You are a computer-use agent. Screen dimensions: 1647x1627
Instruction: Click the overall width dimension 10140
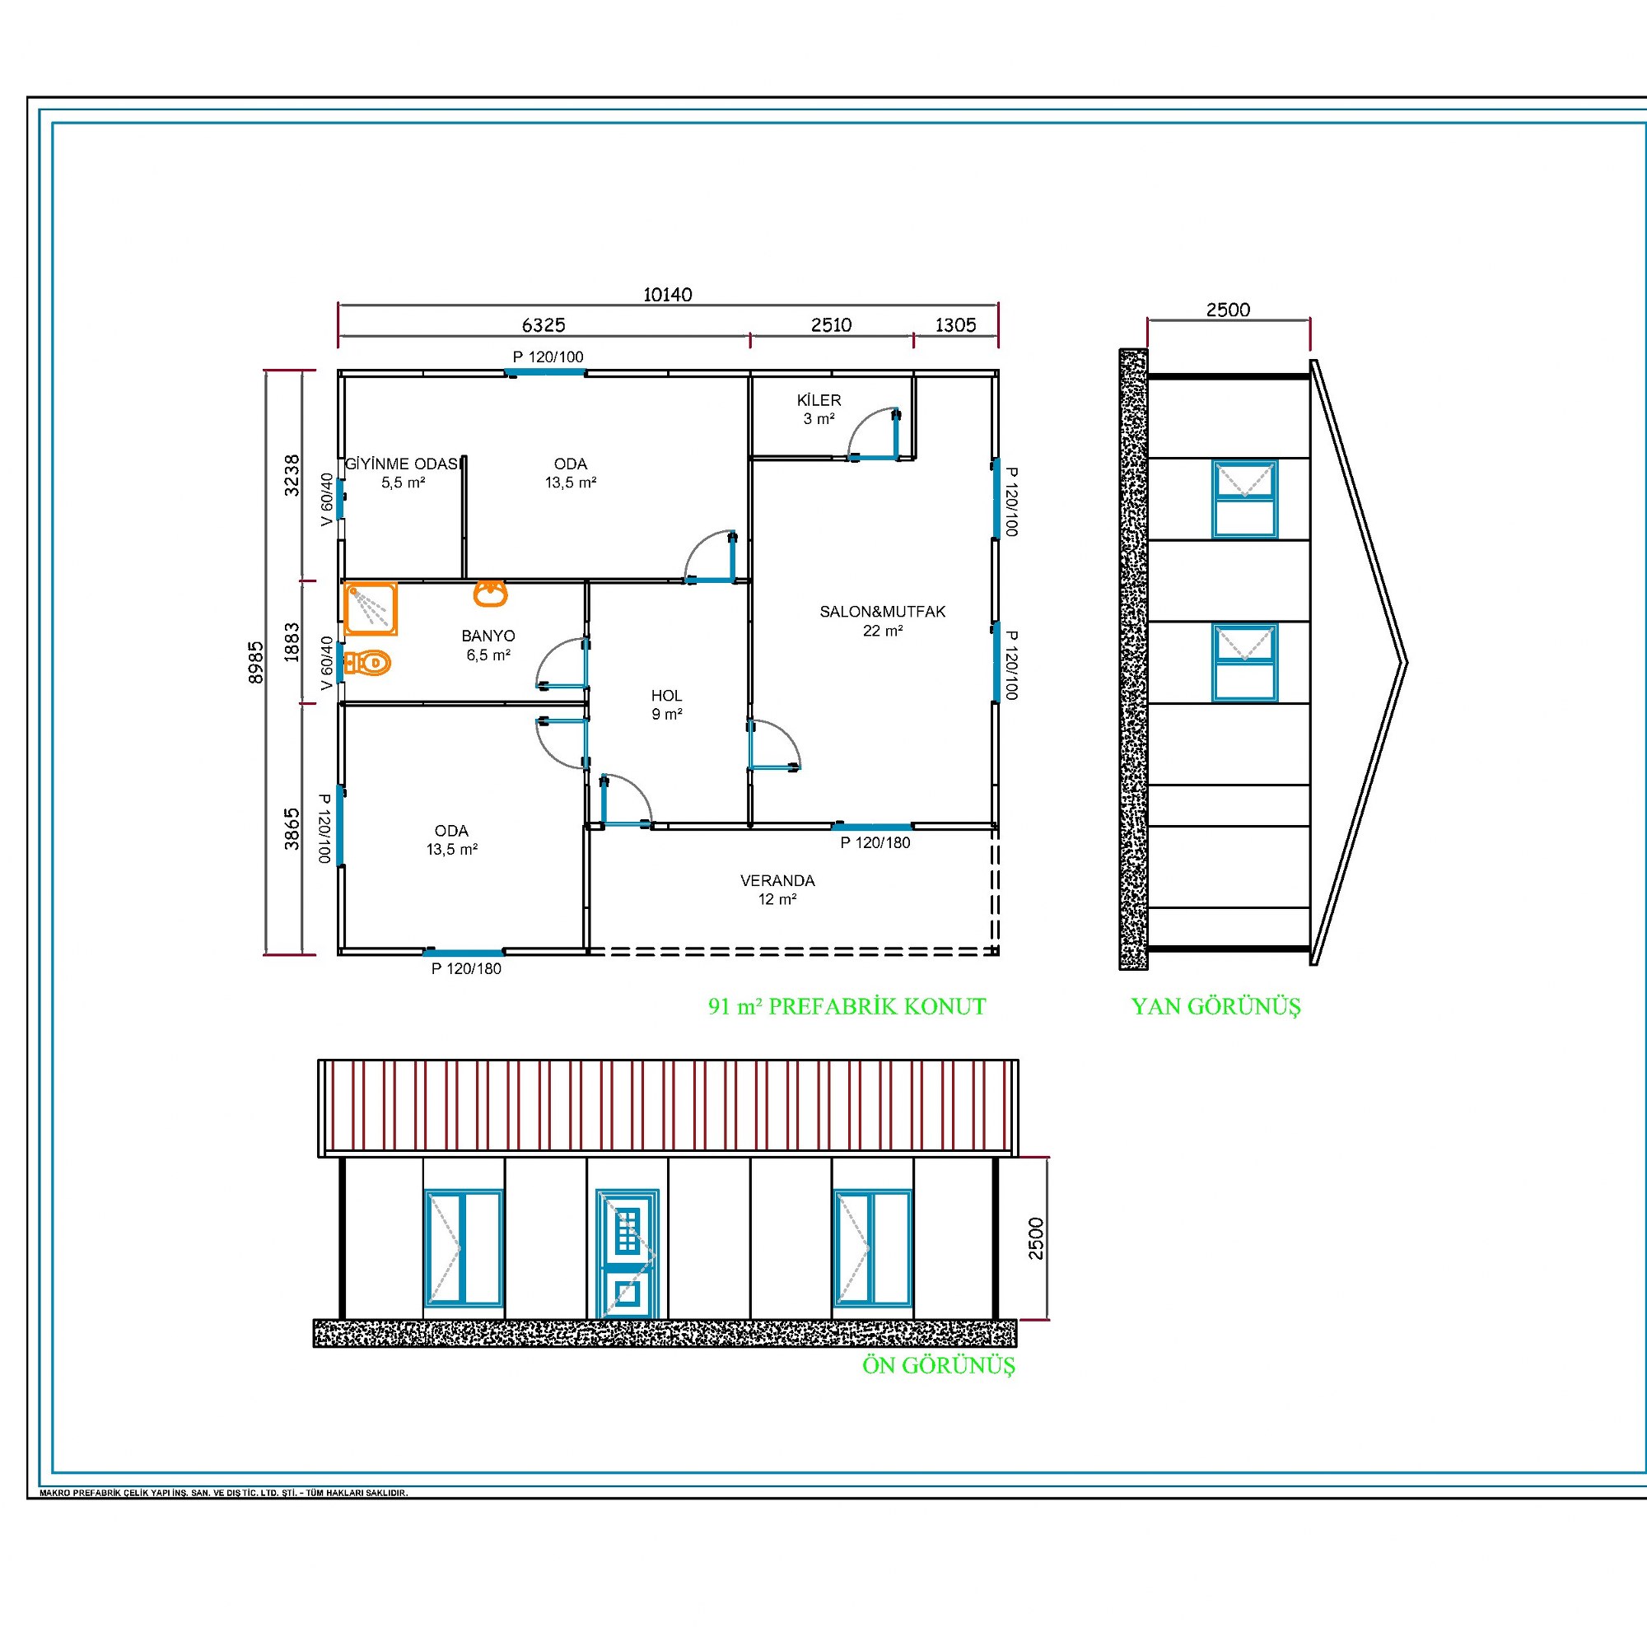[x=668, y=295]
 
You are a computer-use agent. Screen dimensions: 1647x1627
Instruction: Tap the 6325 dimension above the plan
[x=543, y=324]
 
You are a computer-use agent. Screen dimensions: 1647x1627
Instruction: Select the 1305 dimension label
[x=954, y=324]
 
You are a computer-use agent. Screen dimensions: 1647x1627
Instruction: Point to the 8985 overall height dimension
[x=256, y=662]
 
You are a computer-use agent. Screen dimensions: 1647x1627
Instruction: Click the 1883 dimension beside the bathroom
[x=292, y=642]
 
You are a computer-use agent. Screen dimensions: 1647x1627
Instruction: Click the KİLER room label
[x=819, y=399]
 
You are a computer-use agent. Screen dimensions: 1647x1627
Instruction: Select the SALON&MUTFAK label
[x=882, y=611]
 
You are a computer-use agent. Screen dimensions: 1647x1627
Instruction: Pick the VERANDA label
[x=777, y=880]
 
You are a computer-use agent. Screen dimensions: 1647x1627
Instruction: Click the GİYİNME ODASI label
[x=402, y=464]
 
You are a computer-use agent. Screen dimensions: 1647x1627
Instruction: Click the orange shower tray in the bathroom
[x=371, y=608]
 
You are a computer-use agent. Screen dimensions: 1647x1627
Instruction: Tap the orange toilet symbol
[x=367, y=662]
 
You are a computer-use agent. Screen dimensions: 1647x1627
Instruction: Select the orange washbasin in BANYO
[x=490, y=593]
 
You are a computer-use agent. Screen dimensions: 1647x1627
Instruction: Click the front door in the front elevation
[x=628, y=1254]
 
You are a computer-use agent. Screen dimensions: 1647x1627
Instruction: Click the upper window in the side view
[x=1244, y=500]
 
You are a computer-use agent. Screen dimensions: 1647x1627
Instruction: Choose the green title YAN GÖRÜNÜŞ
[x=1215, y=1006]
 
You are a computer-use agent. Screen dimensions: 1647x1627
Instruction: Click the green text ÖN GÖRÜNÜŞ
[x=939, y=1365]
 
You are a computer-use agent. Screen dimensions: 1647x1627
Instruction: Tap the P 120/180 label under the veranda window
[x=875, y=843]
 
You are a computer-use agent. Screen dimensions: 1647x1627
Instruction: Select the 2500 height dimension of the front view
[x=1035, y=1238]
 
